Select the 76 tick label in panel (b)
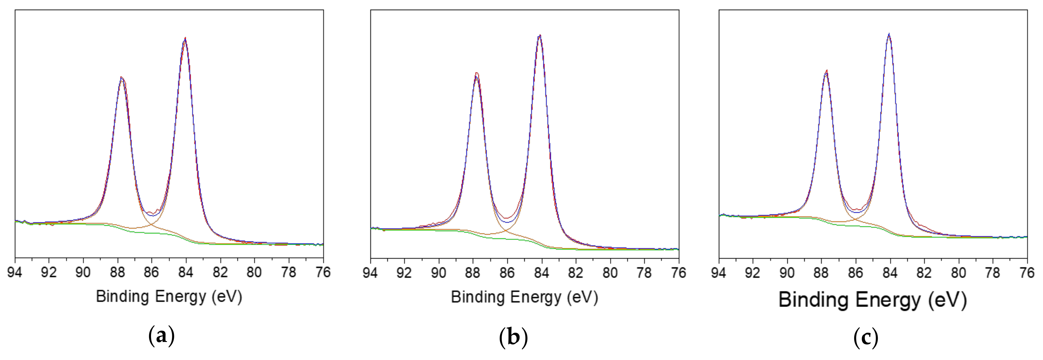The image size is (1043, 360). pos(679,273)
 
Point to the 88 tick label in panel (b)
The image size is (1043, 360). pos(473,273)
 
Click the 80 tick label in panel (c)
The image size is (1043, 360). pos(958,273)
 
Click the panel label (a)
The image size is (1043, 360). pos(162,336)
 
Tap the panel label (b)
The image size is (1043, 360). pos(513,336)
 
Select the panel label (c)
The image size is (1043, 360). pos(866,336)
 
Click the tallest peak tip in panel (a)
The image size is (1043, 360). pos(185,38)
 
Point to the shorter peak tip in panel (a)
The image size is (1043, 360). pos(121,77)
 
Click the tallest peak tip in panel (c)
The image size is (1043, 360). pos(889,34)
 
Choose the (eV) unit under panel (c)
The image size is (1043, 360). pos(948,300)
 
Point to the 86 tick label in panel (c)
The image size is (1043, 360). pos(856,273)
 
